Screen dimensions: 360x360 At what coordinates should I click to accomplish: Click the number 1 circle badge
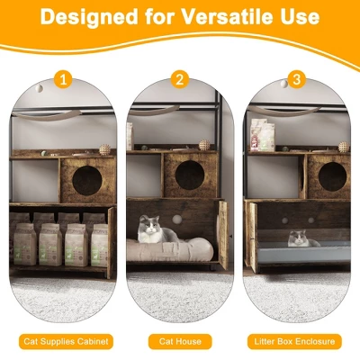pos(63,80)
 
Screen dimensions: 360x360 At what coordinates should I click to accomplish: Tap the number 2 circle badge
pos(179,80)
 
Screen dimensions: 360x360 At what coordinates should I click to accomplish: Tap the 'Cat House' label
pos(179,341)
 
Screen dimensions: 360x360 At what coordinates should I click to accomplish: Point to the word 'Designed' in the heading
pos(88,17)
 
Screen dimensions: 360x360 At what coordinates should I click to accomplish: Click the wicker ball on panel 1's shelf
pos(104,149)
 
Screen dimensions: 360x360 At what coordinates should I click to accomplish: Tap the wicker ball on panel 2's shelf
pos(202,144)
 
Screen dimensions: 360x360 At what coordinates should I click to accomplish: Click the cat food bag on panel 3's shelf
pos(262,135)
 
